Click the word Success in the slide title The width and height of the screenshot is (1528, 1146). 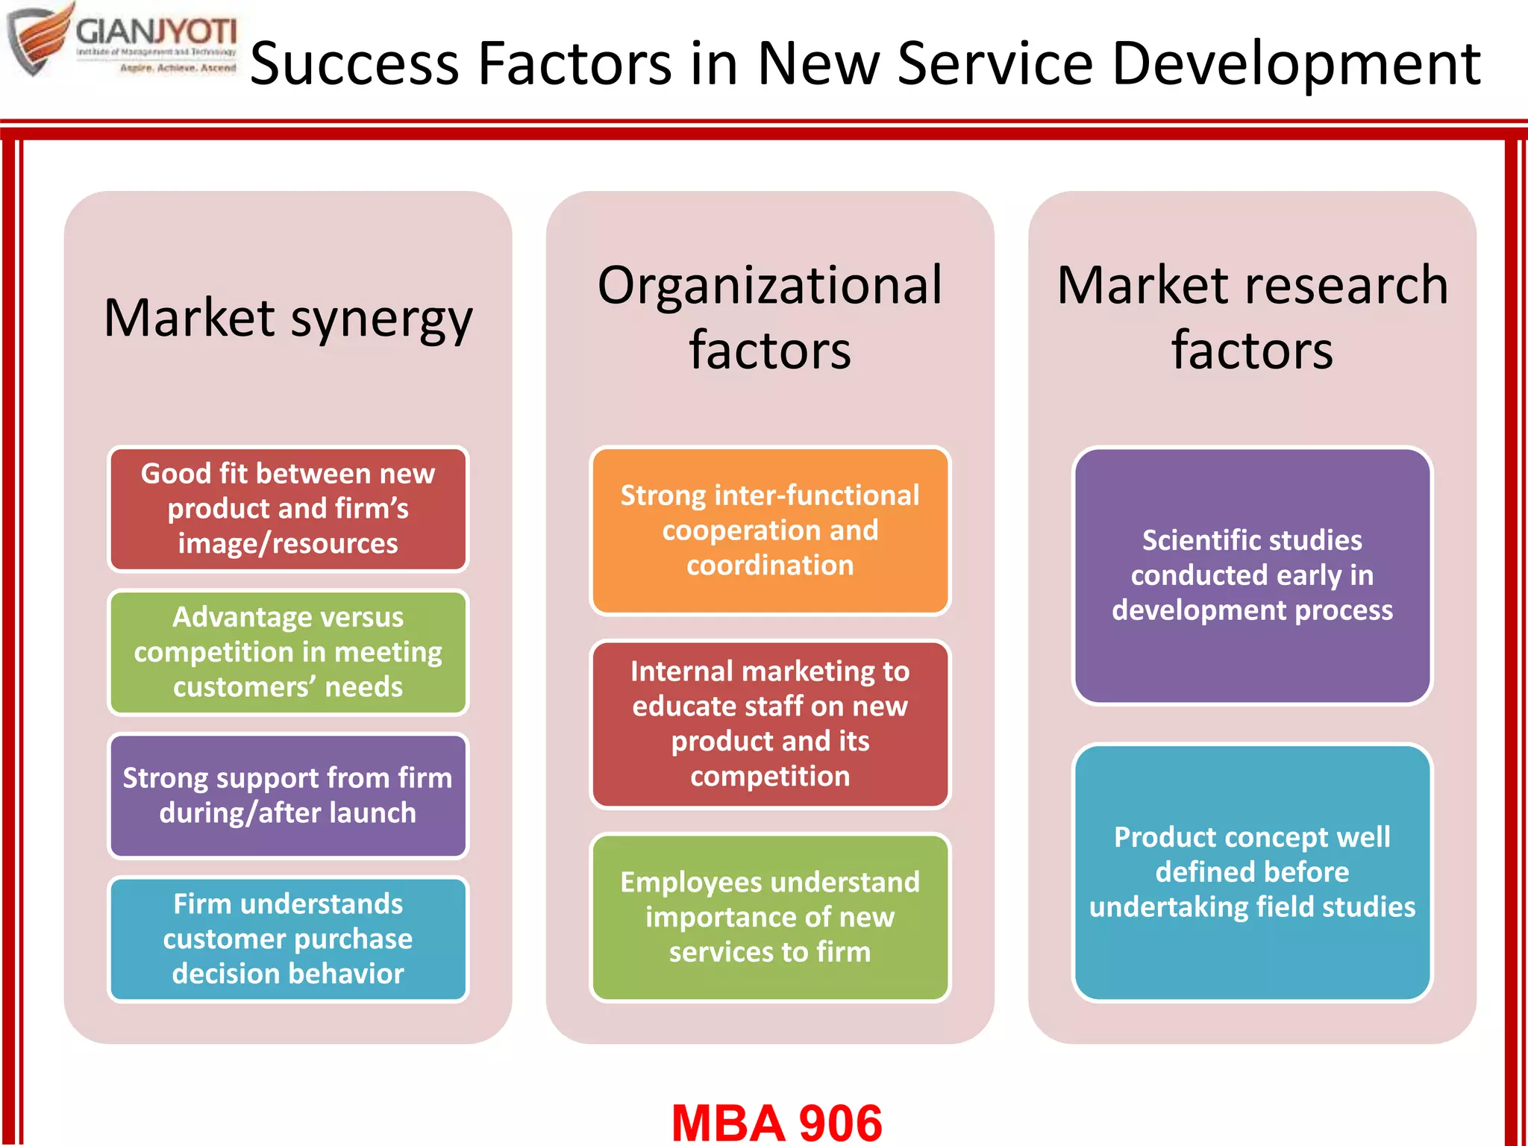[354, 63]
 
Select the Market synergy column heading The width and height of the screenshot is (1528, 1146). [288, 319]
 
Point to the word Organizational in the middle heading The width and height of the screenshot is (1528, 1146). [770, 286]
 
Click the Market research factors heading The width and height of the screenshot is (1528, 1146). [1252, 317]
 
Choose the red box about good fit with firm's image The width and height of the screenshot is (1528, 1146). [288, 509]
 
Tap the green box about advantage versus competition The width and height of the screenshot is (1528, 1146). [288, 652]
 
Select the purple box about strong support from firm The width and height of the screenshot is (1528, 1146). [288, 795]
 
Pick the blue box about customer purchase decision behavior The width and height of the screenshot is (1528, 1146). [288, 939]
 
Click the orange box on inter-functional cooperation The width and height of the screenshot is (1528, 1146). [770, 530]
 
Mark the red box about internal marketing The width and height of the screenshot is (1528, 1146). [770, 724]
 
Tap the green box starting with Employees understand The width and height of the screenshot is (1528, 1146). [770, 917]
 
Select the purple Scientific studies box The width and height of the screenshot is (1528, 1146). [1252, 575]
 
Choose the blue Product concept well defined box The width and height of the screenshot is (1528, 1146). [1252, 872]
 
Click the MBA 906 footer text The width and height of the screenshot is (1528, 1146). [777, 1122]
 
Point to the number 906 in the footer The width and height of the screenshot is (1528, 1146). [840, 1122]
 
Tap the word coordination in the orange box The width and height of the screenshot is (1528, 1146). [770, 566]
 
